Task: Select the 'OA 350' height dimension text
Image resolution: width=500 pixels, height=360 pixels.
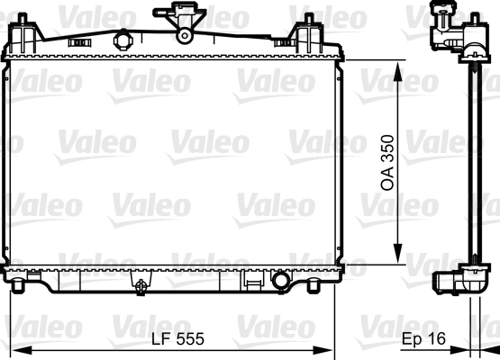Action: click(388, 164)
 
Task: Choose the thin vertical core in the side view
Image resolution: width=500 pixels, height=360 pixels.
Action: click(470, 162)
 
